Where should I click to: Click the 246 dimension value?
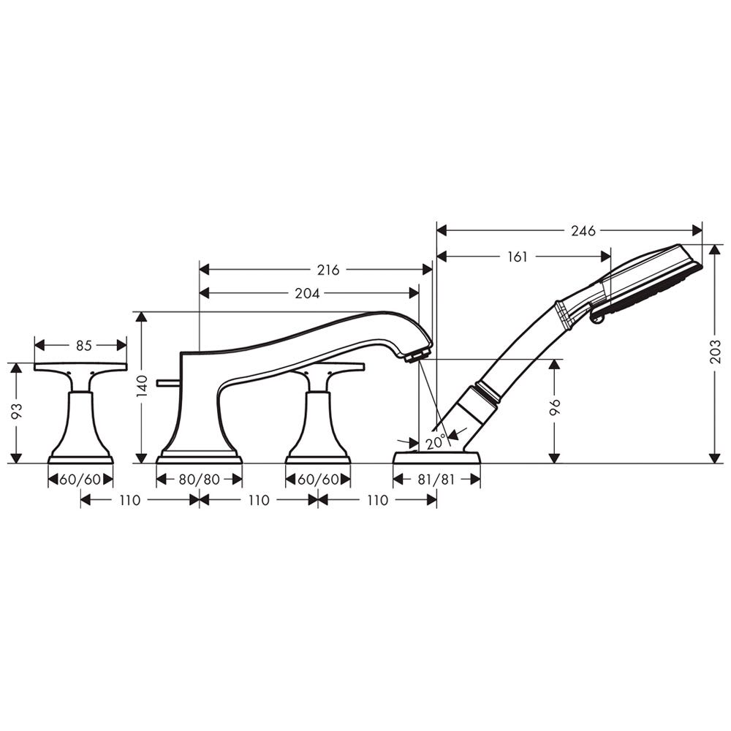point(583,231)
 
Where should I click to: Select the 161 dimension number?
point(517,257)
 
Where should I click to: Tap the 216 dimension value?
point(328,270)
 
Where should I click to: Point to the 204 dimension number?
point(308,293)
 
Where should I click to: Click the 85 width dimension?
point(84,346)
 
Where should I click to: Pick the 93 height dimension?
point(16,410)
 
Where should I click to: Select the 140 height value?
point(143,386)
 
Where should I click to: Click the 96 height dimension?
point(555,406)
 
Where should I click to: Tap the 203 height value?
point(716,352)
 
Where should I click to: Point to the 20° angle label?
point(436,441)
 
